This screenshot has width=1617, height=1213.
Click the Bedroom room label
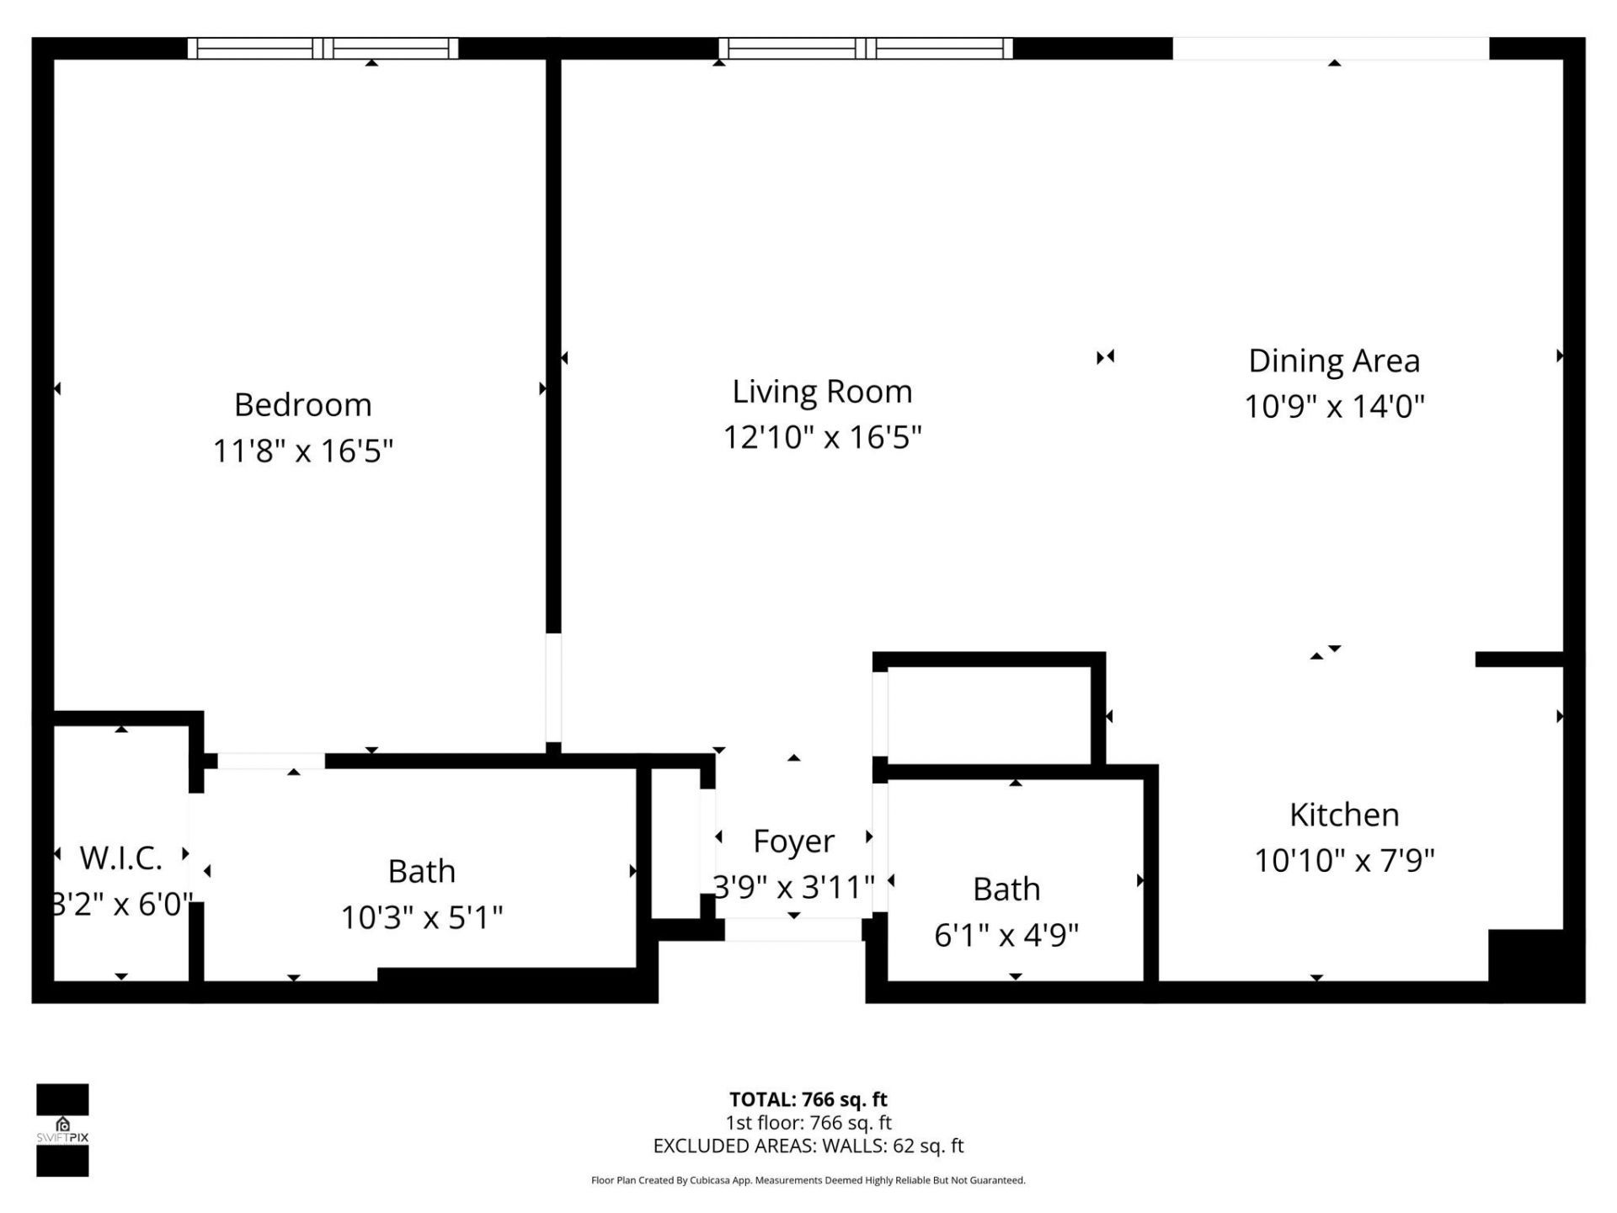point(302,405)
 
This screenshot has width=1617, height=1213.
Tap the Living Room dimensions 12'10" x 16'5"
point(822,437)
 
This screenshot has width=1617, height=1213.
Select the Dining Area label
point(1333,361)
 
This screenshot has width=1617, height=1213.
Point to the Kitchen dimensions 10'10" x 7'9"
point(1343,860)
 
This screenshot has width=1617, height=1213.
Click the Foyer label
point(793,841)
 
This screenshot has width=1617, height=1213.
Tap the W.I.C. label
point(120,858)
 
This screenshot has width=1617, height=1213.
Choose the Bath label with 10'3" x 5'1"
point(421,871)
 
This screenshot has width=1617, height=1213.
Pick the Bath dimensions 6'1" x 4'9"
point(1006,935)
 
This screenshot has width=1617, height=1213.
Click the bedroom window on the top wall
point(323,49)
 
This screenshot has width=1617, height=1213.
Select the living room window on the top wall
point(866,49)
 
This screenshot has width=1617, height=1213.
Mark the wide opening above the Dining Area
point(1331,49)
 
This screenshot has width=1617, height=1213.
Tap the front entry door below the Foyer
point(792,930)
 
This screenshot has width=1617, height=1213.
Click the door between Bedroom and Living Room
point(553,687)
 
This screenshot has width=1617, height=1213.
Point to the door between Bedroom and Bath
point(271,761)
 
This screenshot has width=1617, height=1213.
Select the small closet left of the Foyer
point(675,842)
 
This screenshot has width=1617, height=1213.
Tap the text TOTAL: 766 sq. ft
point(808,1099)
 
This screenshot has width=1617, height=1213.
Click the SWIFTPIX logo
point(62,1130)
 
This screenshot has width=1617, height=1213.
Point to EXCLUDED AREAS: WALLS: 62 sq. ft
point(808,1146)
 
